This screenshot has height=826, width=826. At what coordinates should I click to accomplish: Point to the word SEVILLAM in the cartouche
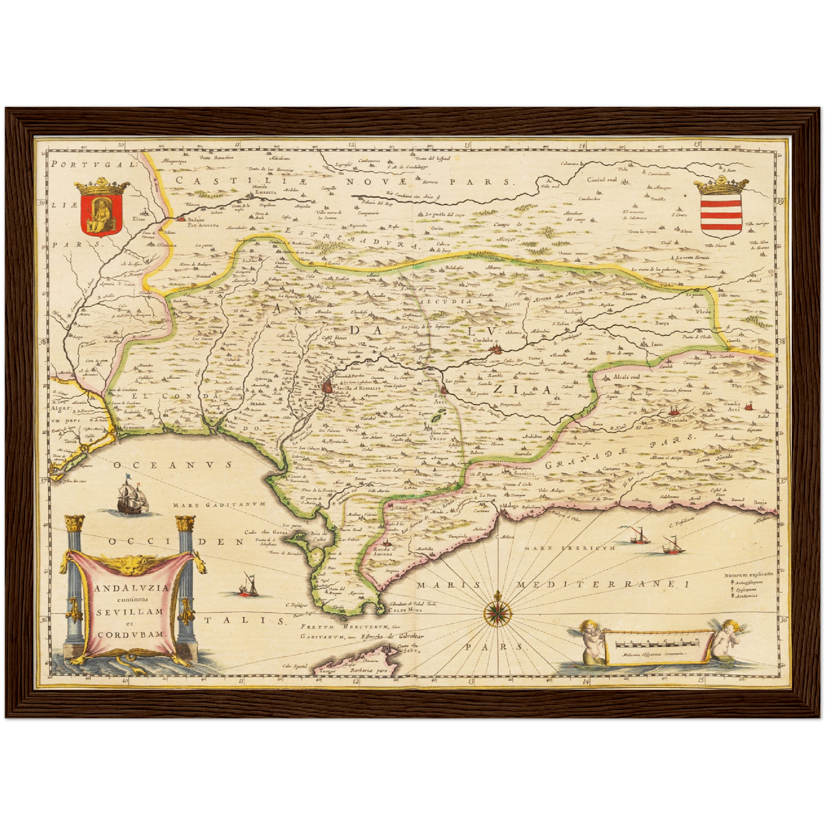pyautogui.click(x=129, y=610)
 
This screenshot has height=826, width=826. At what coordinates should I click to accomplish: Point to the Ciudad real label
pyautogui.click(x=601, y=179)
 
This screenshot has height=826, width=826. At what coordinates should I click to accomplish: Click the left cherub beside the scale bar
pyautogui.click(x=589, y=642)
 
